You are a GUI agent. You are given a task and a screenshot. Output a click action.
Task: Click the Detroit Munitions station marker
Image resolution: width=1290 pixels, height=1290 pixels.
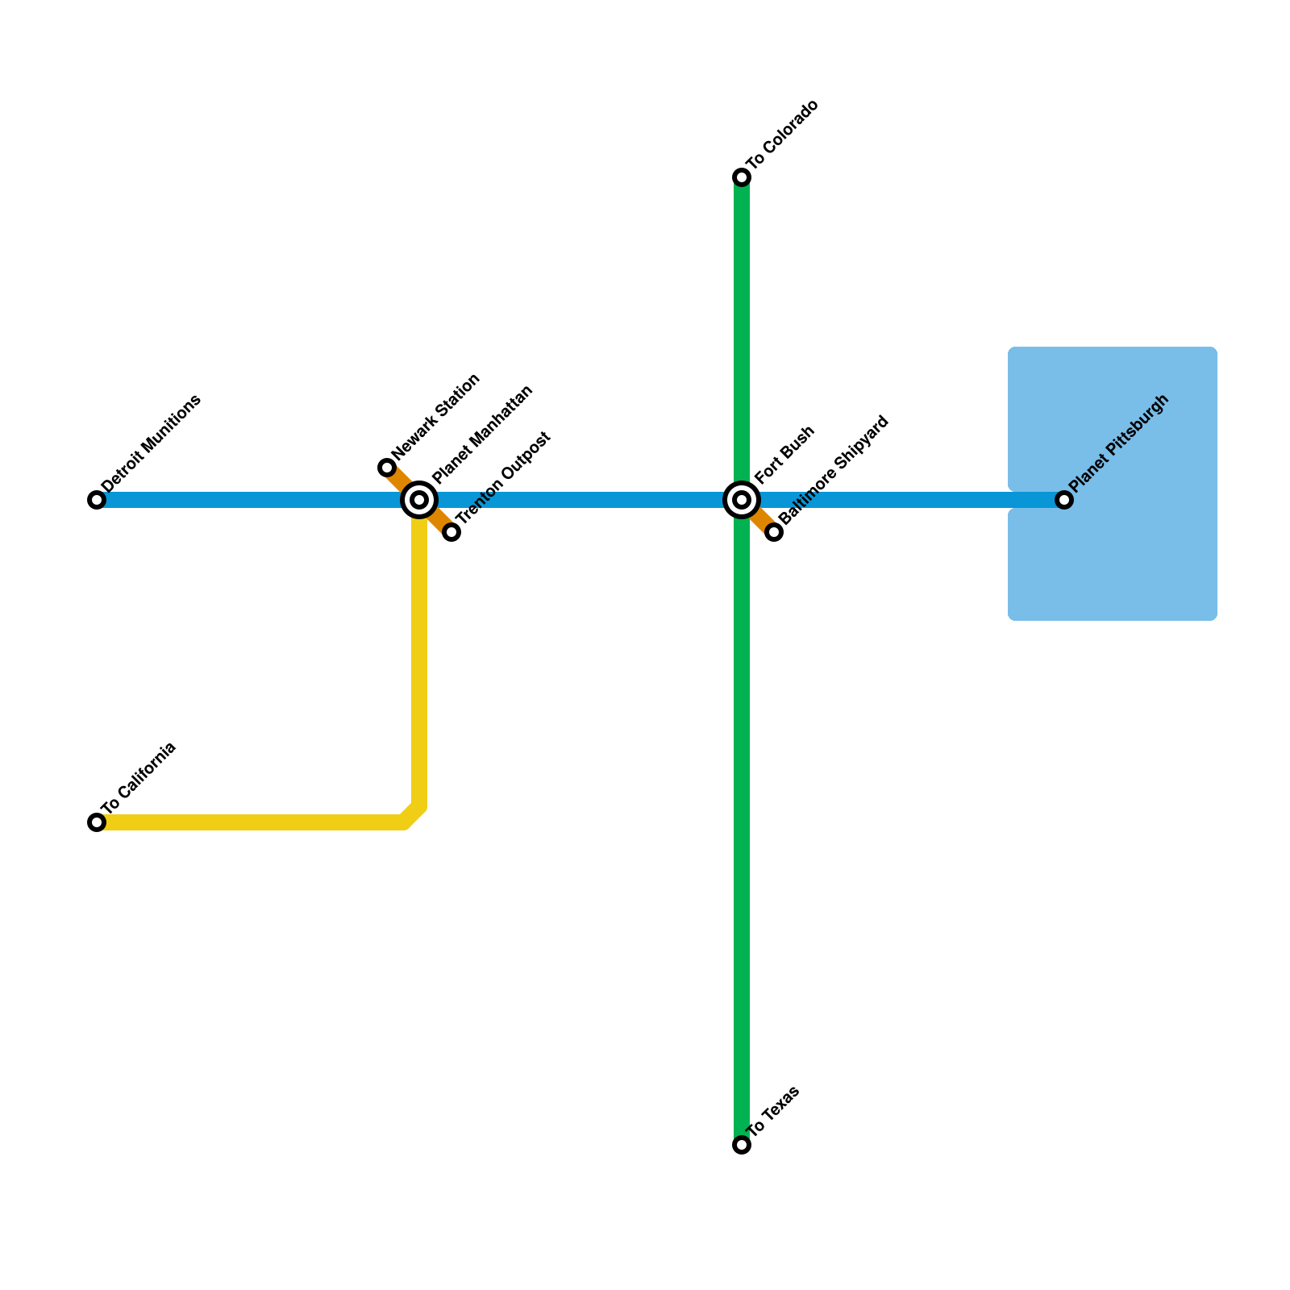(x=97, y=500)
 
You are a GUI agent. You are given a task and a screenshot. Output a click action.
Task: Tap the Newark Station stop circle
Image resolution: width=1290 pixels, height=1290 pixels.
(x=387, y=468)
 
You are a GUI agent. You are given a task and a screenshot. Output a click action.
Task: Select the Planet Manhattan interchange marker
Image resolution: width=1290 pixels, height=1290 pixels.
(x=419, y=500)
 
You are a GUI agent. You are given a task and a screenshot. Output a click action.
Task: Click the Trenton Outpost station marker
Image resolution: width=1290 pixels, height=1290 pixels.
(x=451, y=532)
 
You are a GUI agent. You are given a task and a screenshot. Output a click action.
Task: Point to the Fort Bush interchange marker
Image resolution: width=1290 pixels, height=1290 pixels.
(x=742, y=500)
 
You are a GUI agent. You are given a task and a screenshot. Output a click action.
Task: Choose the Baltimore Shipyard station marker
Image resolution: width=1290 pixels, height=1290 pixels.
(x=774, y=532)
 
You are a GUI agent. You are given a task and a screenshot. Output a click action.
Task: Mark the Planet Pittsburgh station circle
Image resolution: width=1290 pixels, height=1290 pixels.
(x=1064, y=500)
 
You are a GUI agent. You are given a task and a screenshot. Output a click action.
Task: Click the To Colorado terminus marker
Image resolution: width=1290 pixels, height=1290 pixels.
(x=742, y=177)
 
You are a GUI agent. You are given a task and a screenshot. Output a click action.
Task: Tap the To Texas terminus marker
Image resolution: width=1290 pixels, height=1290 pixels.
(x=742, y=1145)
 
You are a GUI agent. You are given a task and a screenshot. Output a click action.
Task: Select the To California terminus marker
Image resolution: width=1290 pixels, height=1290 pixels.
(x=97, y=822)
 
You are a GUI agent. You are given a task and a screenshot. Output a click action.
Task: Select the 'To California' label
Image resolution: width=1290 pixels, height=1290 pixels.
(x=139, y=777)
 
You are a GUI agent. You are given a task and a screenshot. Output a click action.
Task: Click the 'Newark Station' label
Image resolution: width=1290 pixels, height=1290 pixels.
(x=436, y=417)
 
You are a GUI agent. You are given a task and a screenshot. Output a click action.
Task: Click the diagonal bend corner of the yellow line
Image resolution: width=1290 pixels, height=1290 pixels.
(x=412, y=815)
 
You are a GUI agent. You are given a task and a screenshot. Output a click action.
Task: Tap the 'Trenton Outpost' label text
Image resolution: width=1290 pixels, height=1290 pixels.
(x=503, y=478)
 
